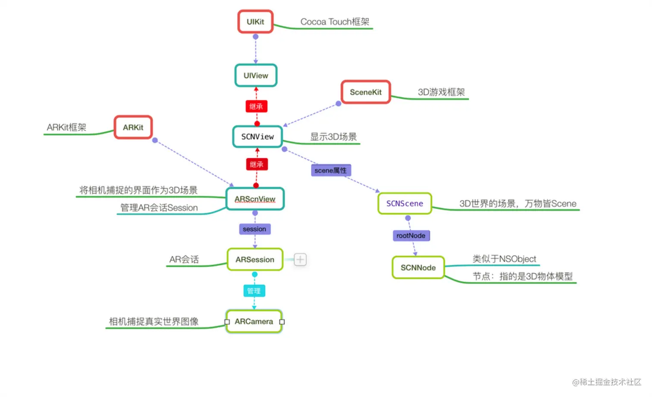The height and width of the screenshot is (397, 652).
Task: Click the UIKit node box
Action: [x=255, y=22]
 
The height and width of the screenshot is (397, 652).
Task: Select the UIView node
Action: [x=256, y=75]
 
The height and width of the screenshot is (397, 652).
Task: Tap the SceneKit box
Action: [x=366, y=92]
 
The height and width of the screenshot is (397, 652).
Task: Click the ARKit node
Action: [x=133, y=128]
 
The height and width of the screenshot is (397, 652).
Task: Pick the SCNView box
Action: [x=257, y=137]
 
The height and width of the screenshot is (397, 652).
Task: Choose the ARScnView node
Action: [x=255, y=199]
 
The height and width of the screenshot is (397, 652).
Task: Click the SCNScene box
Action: [x=404, y=203]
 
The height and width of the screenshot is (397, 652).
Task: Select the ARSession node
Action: [x=255, y=259]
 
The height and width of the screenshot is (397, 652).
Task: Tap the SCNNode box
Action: [x=418, y=268]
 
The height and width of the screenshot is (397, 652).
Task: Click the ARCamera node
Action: [x=254, y=322]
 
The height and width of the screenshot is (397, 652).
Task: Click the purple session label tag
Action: [x=254, y=229]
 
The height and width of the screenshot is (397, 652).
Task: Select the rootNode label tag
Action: [x=411, y=236]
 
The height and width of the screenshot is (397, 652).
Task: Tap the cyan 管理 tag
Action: [x=254, y=291]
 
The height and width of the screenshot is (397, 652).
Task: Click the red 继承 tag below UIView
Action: [x=256, y=106]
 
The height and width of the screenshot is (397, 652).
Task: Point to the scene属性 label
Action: [x=331, y=170]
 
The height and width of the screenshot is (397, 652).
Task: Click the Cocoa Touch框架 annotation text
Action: [x=335, y=22]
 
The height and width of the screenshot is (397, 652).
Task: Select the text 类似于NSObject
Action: [x=504, y=259]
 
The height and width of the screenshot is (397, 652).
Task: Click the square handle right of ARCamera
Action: [x=282, y=322]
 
